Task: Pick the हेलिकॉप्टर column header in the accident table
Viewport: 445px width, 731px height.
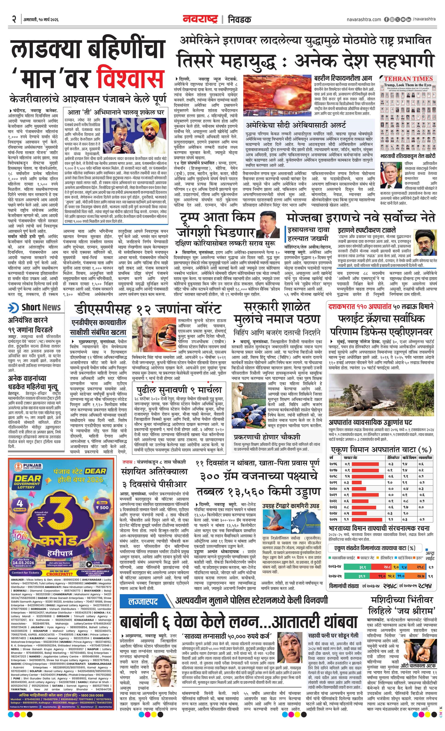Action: pyautogui.click(x=393, y=458)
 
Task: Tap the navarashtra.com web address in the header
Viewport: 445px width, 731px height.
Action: pyautogui.click(x=364, y=19)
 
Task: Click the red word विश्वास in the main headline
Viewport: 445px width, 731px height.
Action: pyautogui.click(x=131, y=77)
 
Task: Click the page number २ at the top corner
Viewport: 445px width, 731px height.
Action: pyautogui.click(x=14, y=20)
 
